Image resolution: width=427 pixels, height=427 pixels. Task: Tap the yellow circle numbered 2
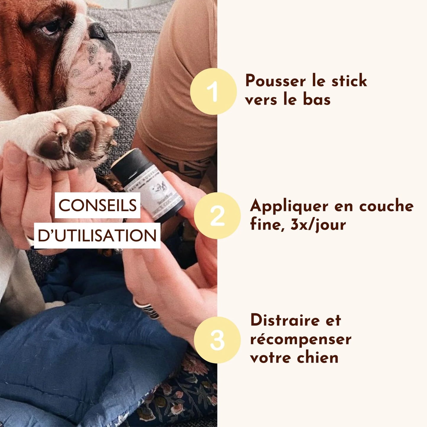217,216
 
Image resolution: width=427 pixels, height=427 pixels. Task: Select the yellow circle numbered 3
217,340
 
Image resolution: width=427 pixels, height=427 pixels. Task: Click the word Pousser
271,81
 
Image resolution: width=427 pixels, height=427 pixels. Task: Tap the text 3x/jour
318,225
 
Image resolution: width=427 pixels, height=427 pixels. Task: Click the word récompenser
301,339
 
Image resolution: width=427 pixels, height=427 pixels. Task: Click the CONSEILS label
98,205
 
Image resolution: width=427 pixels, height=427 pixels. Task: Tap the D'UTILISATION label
97,236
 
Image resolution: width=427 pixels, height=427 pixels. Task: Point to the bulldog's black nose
99,31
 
